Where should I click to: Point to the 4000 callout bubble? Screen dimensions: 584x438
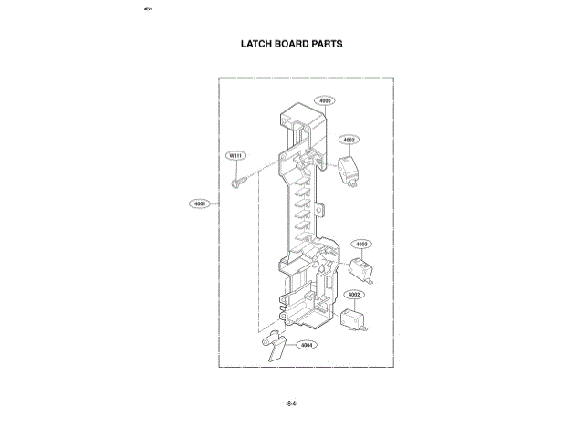coord(325,100)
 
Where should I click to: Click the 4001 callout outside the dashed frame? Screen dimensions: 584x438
coord(201,203)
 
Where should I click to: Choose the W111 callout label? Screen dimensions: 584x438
coord(235,157)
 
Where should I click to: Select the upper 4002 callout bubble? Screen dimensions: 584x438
coord(349,140)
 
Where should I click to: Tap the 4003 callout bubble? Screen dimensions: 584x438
coord(362,244)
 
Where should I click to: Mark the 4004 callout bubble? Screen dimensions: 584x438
coord(307,346)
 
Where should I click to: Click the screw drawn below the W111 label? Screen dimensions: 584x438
coord(238,182)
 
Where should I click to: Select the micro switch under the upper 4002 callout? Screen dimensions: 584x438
coord(349,170)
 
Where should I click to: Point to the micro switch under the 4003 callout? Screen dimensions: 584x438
coord(361,268)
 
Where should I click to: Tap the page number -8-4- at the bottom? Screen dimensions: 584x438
coord(292,402)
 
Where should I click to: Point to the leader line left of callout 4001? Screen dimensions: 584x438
coord(215,203)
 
